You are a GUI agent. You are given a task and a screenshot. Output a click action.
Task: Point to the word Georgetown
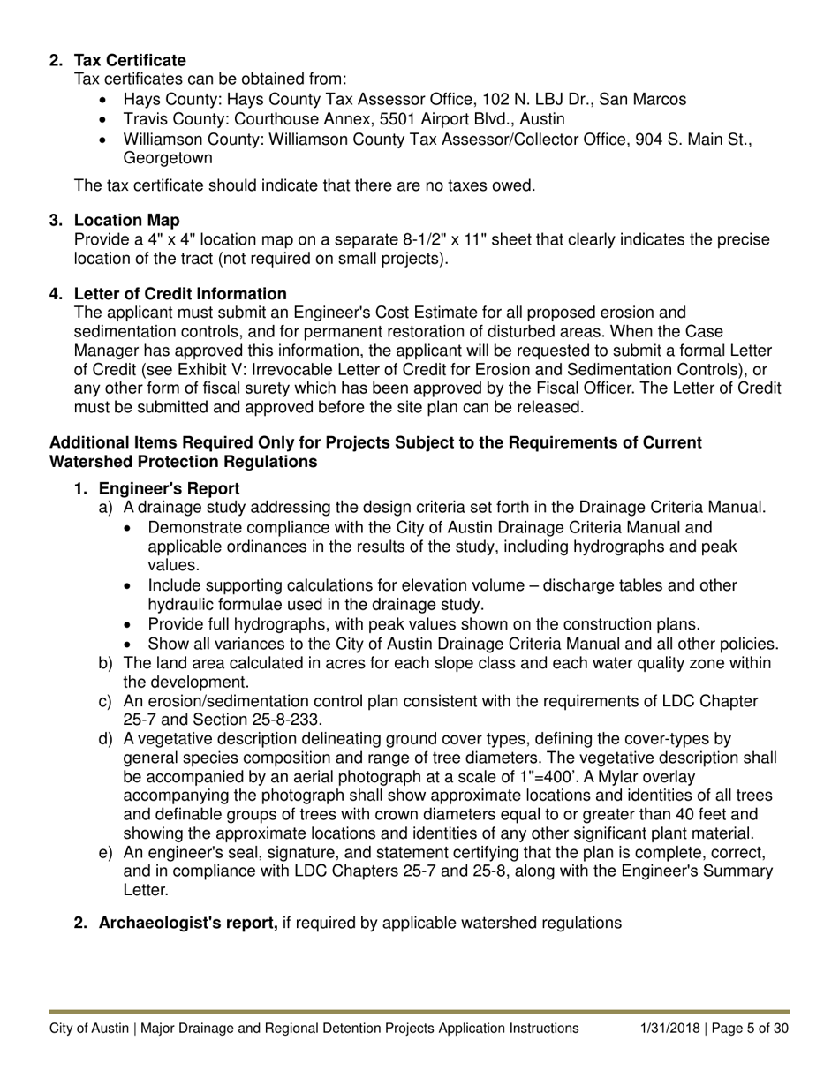[168, 159]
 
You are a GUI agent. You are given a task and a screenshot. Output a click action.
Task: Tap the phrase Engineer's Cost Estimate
[374, 313]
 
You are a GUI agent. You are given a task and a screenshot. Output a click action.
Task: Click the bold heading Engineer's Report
[169, 488]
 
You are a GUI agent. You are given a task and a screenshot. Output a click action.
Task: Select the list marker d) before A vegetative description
[106, 739]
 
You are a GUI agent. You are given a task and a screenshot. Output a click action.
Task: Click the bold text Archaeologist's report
[188, 923]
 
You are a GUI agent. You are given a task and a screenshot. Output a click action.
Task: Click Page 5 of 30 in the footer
[751, 1028]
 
